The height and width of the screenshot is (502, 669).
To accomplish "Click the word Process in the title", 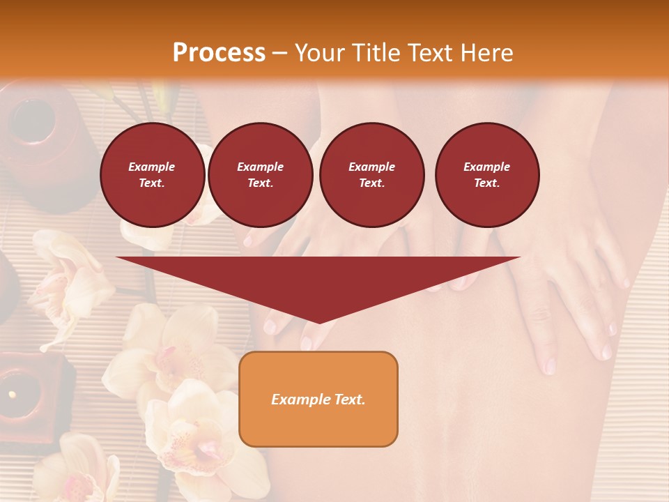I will pyautogui.click(x=219, y=53).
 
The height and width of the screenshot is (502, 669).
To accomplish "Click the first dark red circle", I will pyautogui.click(x=153, y=175).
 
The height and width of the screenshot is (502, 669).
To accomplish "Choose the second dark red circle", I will pyautogui.click(x=261, y=175).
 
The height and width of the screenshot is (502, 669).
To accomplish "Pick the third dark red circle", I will pyautogui.click(x=372, y=175).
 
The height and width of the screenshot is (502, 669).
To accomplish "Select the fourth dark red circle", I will pyautogui.click(x=487, y=175).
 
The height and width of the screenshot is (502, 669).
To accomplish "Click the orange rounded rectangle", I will pyautogui.click(x=318, y=399).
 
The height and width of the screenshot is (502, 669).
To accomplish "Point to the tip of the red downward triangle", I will pyautogui.click(x=318, y=322).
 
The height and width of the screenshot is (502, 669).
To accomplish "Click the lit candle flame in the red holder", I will pyautogui.click(x=12, y=395).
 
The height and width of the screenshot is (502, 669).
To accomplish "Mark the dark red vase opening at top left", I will pyautogui.click(x=32, y=119).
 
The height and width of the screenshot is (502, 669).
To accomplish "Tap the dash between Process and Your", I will pyautogui.click(x=280, y=54).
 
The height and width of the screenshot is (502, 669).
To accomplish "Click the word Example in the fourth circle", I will pyautogui.click(x=487, y=167).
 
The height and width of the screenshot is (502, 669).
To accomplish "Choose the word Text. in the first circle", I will pyautogui.click(x=152, y=183).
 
